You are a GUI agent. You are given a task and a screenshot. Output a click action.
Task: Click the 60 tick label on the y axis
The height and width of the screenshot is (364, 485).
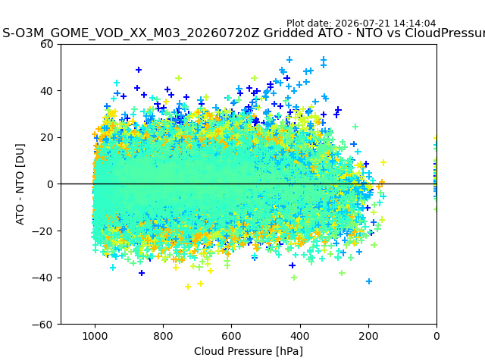pyautogui.click(x=46, y=44)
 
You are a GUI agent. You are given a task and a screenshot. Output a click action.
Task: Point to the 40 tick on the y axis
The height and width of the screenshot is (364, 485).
pyautogui.click(x=46, y=91)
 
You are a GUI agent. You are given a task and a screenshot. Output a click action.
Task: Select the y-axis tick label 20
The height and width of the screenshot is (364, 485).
pyautogui.click(x=46, y=138)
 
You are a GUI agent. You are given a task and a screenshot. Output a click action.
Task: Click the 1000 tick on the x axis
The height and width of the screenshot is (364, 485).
pyautogui.click(x=95, y=336)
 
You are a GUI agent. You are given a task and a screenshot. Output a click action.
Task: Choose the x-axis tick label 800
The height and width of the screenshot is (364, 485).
pyautogui.click(x=164, y=336)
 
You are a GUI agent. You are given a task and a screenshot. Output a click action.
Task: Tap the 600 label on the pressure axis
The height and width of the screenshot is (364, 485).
pyautogui.click(x=232, y=336)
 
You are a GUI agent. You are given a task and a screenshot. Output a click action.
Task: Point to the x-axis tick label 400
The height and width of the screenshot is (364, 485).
pyautogui.click(x=300, y=336)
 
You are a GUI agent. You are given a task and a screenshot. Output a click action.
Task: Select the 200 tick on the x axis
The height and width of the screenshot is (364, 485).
pyautogui.click(x=368, y=336)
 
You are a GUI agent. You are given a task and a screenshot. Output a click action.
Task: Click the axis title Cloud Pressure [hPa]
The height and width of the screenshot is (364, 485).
pyautogui.click(x=249, y=351)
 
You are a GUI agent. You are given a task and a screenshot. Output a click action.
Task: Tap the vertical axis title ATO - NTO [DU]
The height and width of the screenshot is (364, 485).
pyautogui.click(x=20, y=184)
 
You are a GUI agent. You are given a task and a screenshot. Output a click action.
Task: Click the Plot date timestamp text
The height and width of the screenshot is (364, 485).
pyautogui.click(x=361, y=24)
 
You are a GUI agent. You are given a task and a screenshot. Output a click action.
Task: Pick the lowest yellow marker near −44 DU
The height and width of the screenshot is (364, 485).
pyautogui.click(x=188, y=287)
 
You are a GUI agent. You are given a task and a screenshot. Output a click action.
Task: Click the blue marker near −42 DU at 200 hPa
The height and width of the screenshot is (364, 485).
pyautogui.click(x=369, y=281)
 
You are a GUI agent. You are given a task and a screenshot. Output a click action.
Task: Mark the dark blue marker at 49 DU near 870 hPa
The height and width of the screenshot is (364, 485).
pyautogui.click(x=139, y=70)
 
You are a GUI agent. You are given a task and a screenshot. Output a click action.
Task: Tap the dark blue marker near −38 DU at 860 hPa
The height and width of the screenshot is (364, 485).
pyautogui.click(x=142, y=273)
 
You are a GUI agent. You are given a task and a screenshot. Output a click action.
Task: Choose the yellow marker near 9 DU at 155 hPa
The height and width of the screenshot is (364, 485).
pyautogui.click(x=383, y=162)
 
